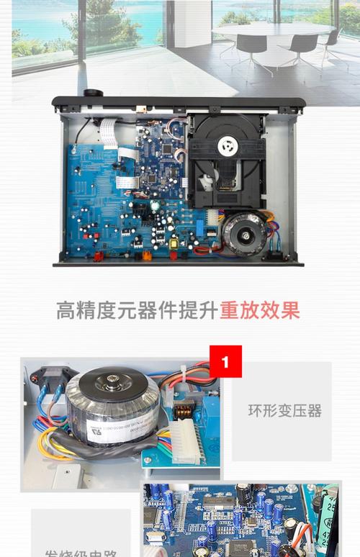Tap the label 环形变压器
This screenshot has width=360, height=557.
coord(284,411)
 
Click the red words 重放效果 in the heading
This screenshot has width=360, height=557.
coord(260,309)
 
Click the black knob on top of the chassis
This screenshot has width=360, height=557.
coord(91,94)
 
